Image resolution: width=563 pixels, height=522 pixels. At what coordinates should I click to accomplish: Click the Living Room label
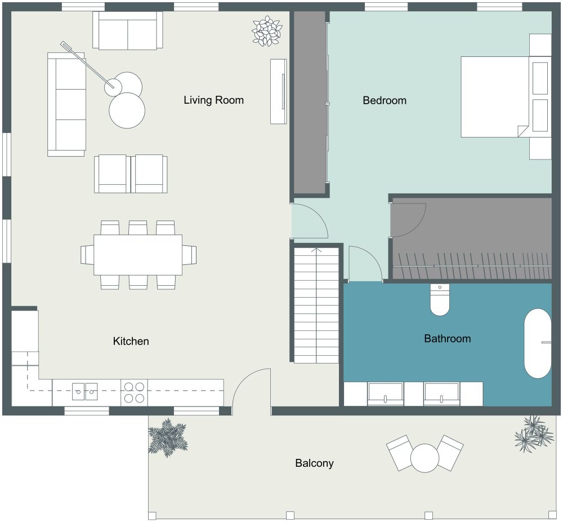(213, 100)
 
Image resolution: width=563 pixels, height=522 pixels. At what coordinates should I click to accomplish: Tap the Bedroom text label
(385, 100)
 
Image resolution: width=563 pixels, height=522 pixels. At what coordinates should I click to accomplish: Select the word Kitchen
(131, 341)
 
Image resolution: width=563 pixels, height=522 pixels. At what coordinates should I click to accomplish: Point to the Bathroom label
(447, 339)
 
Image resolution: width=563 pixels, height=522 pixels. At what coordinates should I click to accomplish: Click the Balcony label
(314, 463)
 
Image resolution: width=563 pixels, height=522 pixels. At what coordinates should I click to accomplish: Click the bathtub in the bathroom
(538, 343)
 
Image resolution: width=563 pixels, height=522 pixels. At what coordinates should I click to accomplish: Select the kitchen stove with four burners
(134, 392)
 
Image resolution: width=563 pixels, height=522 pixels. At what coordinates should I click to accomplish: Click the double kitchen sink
(85, 388)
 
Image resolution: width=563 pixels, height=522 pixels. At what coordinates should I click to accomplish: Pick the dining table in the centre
(138, 254)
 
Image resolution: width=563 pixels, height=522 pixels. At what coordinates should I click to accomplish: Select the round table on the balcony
(425, 458)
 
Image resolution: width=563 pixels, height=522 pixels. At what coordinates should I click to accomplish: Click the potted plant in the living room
(266, 30)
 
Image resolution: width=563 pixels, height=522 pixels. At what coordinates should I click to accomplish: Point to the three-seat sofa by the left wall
(66, 104)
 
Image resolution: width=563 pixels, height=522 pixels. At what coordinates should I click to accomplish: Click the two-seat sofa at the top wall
(128, 31)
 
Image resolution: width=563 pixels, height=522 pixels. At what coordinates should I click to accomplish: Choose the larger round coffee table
(127, 110)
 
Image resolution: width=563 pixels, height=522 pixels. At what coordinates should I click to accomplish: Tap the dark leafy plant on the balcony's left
(168, 437)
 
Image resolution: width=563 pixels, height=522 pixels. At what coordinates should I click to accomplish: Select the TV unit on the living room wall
(279, 91)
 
